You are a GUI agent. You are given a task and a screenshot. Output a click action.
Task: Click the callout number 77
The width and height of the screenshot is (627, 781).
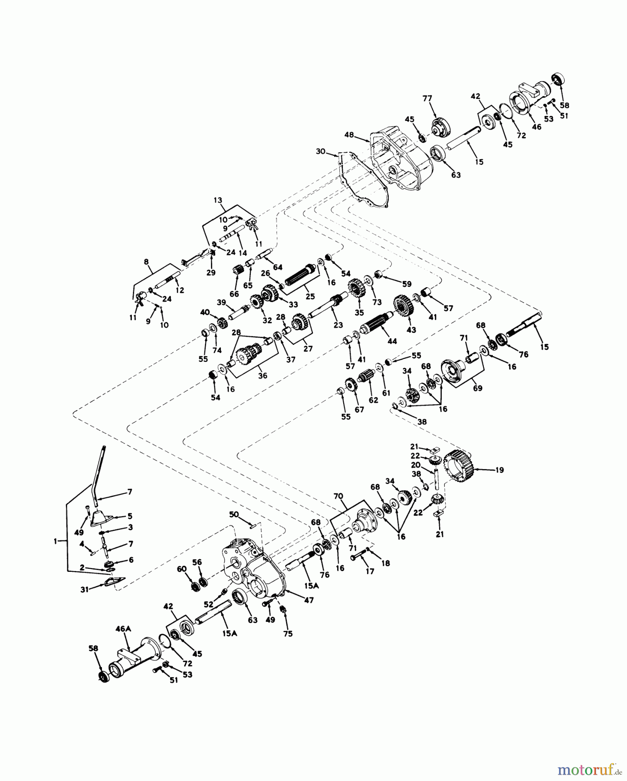(x=427, y=99)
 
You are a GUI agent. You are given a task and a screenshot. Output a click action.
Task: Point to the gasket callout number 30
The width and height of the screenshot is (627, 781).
(x=321, y=151)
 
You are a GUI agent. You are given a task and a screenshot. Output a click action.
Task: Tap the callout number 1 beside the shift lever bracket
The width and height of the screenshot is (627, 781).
(x=55, y=541)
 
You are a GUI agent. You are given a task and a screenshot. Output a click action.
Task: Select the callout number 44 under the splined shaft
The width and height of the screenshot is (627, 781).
(x=392, y=341)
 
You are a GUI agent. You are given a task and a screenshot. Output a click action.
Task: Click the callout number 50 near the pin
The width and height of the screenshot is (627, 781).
(x=234, y=514)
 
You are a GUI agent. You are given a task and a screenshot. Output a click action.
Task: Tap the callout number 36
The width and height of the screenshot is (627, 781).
(x=263, y=376)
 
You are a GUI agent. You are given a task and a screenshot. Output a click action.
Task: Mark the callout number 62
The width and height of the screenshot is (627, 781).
(x=374, y=400)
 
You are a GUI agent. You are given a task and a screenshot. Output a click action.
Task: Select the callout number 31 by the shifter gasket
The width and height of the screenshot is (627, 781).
(x=85, y=589)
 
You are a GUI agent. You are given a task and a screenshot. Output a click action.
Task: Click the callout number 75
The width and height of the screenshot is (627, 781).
(x=288, y=633)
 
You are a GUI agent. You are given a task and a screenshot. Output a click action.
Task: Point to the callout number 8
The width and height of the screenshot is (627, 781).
(x=146, y=262)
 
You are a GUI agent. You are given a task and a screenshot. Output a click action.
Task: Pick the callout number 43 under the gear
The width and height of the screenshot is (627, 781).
(x=411, y=330)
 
